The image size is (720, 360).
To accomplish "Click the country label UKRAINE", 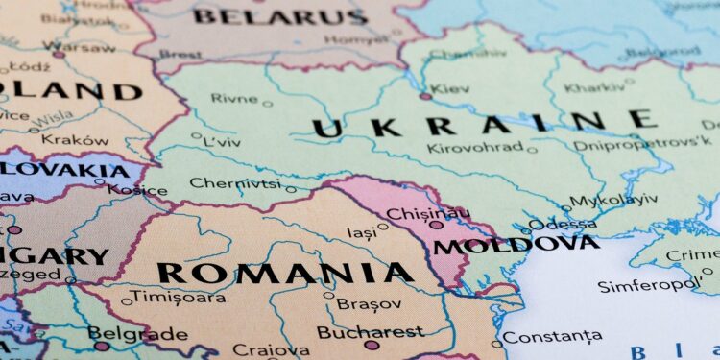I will [485, 124].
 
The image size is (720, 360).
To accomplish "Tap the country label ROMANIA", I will [285, 273].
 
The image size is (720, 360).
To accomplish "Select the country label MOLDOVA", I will [516, 246].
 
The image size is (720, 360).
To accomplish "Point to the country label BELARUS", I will [279, 16].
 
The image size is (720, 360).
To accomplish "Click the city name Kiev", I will [450, 87].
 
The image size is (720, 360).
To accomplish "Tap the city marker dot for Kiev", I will [425, 96].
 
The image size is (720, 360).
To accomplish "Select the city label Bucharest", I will [370, 332].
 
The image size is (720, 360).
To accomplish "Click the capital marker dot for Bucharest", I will [372, 346].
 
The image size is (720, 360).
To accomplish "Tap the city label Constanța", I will [553, 337].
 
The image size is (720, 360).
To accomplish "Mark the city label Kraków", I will [75, 140].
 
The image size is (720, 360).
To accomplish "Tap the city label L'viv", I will [221, 141].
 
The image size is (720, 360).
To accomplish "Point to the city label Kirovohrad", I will [475, 148].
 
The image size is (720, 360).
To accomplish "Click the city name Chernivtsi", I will [235, 183].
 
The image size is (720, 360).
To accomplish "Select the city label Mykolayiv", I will [613, 200].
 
